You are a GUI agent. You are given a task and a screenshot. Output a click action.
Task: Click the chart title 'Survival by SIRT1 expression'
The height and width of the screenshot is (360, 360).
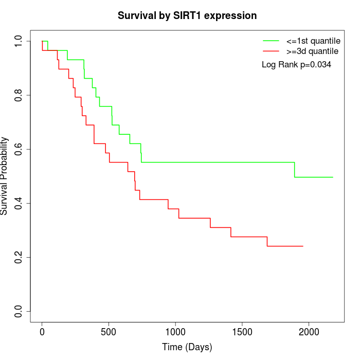pos(187,15)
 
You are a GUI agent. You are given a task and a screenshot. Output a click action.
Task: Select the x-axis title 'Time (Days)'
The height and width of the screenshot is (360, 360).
pos(187,347)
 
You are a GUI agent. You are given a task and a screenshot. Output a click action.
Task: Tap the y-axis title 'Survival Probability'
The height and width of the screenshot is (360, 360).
pos(5,176)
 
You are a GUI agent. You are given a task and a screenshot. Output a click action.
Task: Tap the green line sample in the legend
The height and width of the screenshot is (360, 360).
pos(271,41)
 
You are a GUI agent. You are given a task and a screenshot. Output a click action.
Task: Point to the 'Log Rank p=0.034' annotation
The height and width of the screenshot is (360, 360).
pos(296,65)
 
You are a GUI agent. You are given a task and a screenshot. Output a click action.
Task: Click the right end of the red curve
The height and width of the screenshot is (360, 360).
pos(303,246)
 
